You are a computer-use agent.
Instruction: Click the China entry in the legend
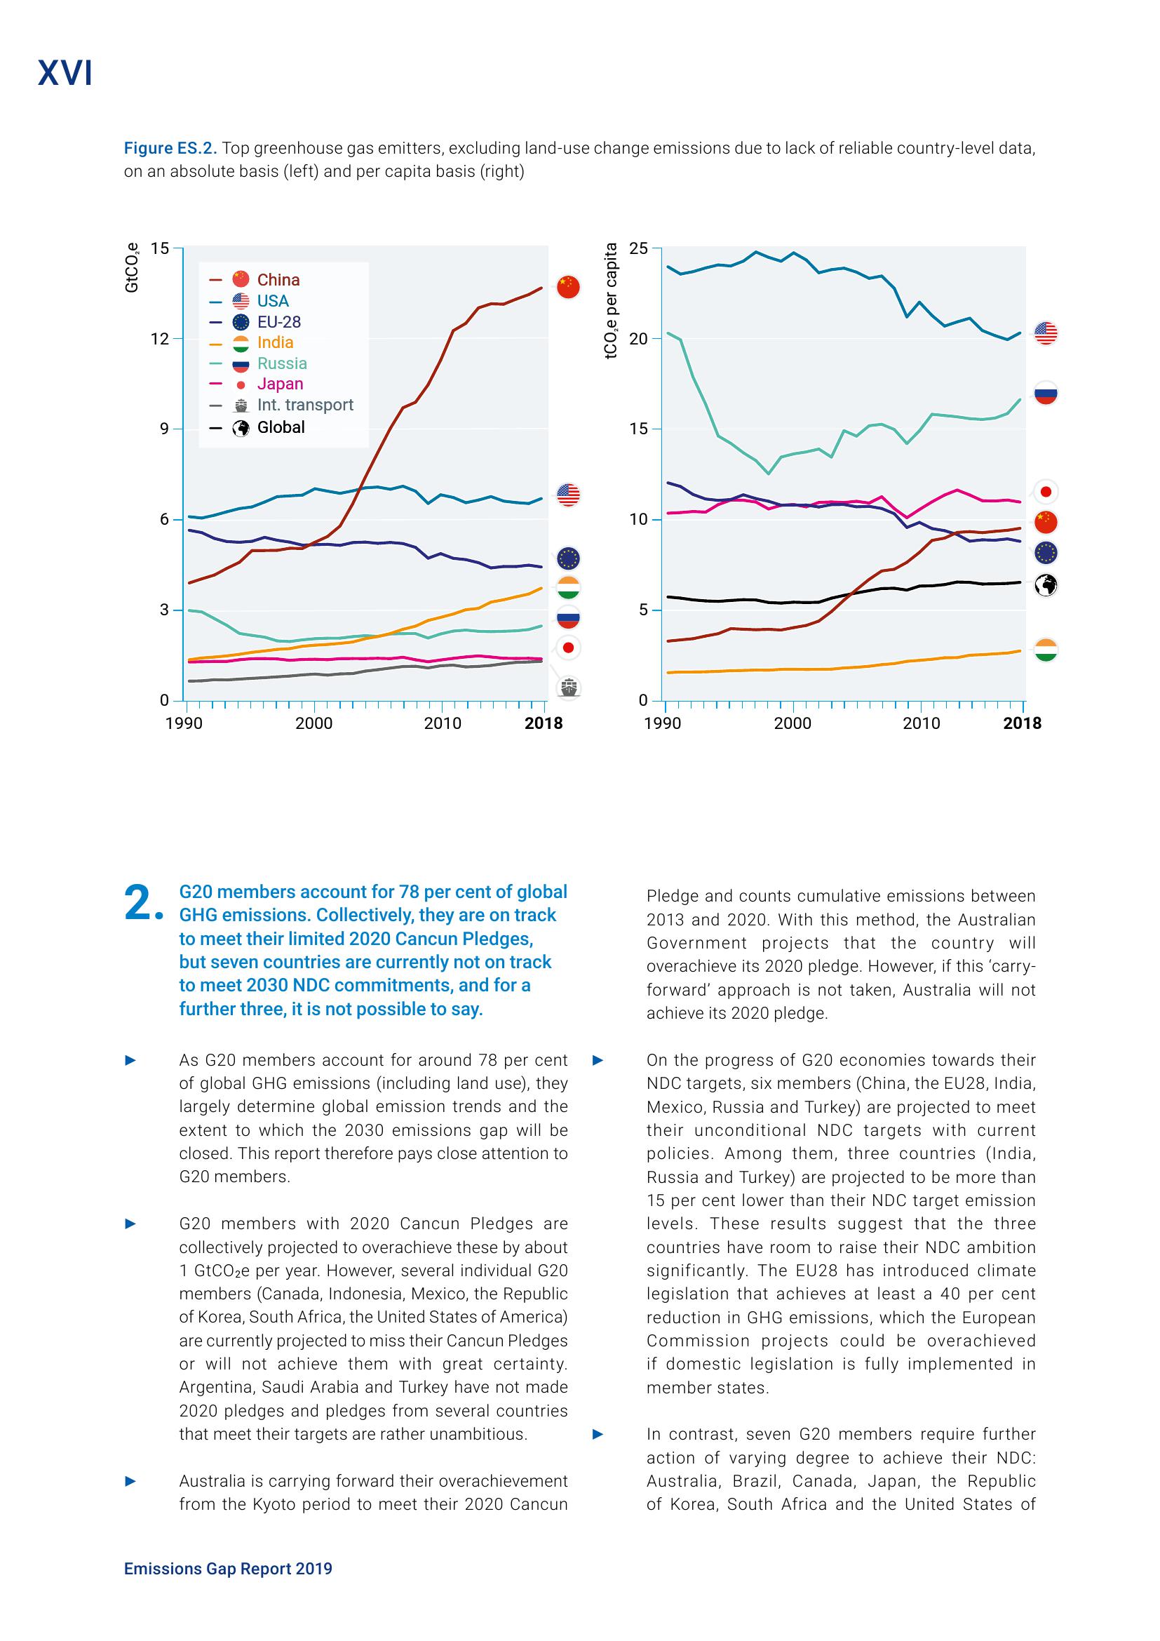pos(278,280)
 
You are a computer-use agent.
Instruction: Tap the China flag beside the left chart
pos(568,288)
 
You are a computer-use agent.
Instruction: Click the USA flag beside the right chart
pos(1046,333)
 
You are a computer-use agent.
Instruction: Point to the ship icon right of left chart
pos(569,688)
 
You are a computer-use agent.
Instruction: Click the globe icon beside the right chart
pos(1046,585)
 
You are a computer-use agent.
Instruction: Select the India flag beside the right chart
pos(1046,650)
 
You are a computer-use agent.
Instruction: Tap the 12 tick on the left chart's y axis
pos(160,339)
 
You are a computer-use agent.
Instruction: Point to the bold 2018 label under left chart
pos(544,723)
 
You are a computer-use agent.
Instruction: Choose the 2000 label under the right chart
pos(793,723)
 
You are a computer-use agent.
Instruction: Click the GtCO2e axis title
pos(132,267)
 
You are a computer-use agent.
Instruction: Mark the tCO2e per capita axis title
pos(611,301)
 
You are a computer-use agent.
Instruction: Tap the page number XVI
pos(65,74)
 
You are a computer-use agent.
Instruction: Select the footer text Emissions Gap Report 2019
pos(228,1568)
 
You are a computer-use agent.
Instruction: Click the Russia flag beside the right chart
pos(1046,393)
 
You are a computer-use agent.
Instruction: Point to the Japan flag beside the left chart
pos(569,648)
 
